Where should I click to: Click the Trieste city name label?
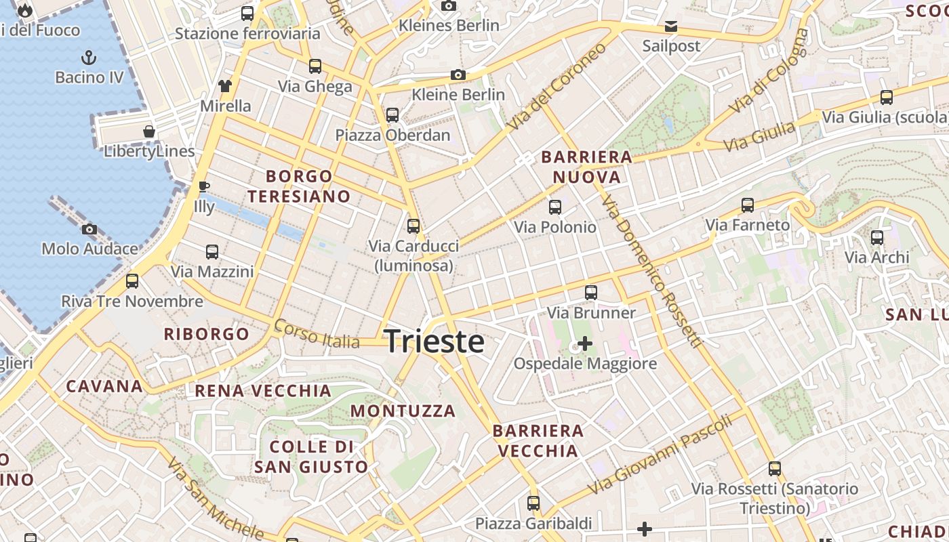434,341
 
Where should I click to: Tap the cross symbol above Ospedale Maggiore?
584,344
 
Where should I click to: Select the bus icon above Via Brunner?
591,293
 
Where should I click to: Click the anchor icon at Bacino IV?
89,57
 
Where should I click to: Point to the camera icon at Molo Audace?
89,229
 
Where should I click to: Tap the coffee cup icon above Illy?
203,186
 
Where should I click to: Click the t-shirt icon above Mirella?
225,86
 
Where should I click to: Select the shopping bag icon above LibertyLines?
149,131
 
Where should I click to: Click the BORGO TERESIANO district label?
299,186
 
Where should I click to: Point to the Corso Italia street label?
317,335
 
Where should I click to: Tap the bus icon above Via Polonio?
555,207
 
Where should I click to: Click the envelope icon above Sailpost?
670,26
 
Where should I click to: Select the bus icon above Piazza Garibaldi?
533,503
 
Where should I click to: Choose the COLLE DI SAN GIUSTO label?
311,457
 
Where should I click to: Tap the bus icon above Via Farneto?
748,205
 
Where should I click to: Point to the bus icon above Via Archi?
877,238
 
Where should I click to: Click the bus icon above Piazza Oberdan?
392,115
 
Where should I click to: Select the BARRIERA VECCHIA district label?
538,440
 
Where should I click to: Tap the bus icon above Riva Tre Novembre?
132,281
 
